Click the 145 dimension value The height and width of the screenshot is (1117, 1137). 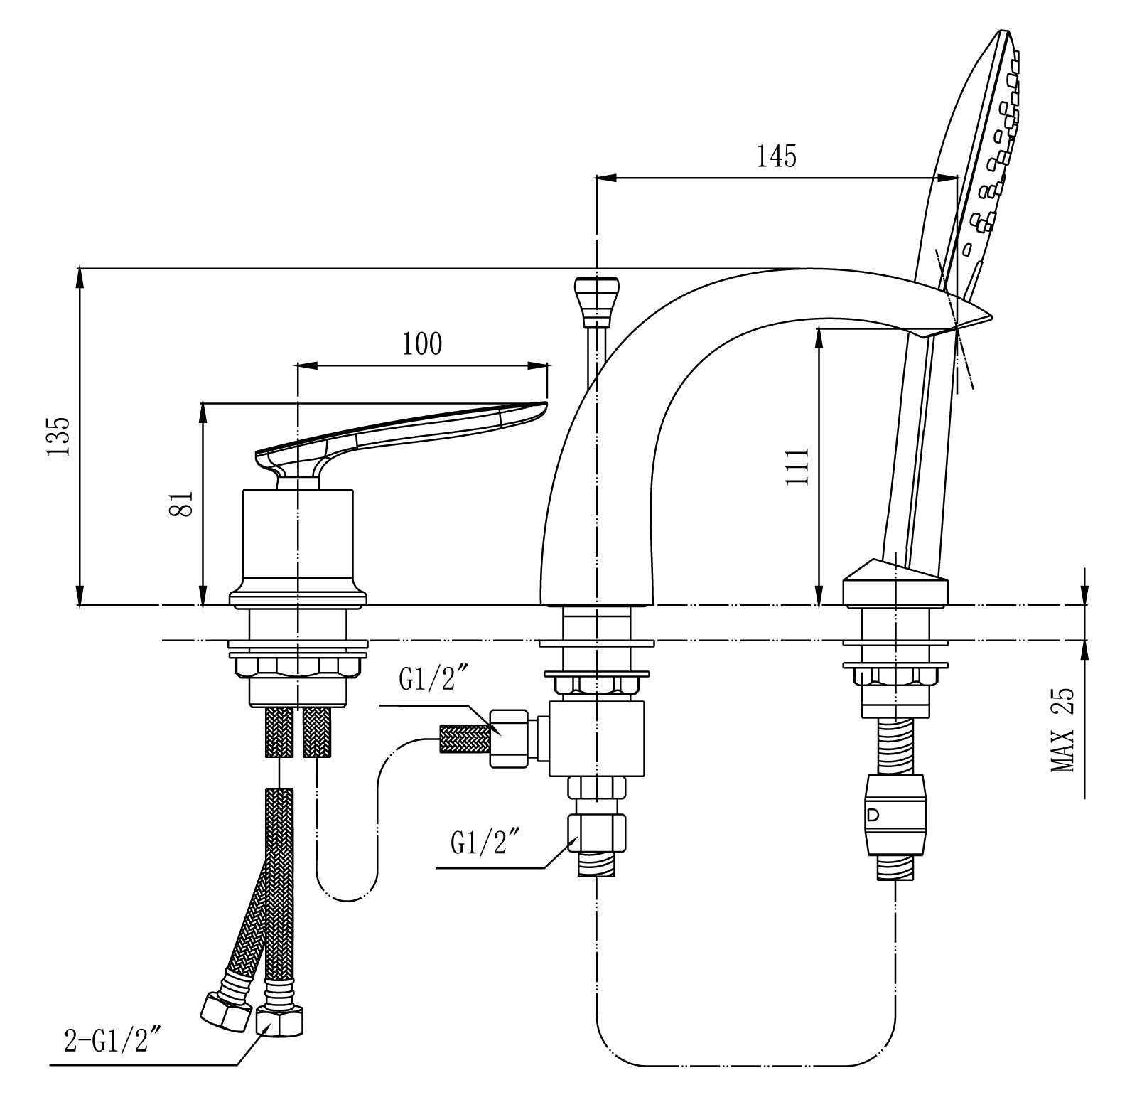click(x=776, y=155)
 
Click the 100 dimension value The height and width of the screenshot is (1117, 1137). click(x=422, y=343)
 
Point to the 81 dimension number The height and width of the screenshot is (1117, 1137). click(x=184, y=503)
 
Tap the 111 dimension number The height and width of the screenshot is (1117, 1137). click(x=798, y=466)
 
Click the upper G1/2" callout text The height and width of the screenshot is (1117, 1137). click(x=432, y=681)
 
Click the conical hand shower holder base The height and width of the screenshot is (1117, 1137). click(x=895, y=582)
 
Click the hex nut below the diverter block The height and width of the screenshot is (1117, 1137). click(x=597, y=833)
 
